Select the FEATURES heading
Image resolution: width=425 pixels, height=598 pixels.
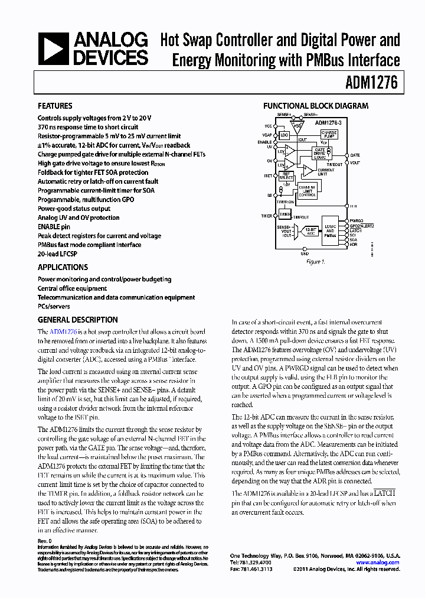tap(55, 106)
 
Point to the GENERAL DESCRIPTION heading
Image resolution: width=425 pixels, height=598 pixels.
tap(77, 320)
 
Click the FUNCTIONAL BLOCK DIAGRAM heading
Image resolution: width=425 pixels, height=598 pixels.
tap(315, 106)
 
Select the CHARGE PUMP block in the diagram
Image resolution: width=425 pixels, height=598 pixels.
tap(329, 134)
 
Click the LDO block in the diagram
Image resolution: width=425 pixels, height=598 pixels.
tap(285, 135)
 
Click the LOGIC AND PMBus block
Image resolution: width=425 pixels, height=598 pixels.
tap(331, 231)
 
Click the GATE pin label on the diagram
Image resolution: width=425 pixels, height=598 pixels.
tap(355, 155)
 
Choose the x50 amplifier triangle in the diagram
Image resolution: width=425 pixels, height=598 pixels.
tap(299, 125)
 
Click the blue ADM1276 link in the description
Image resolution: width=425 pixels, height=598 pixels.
tap(63, 332)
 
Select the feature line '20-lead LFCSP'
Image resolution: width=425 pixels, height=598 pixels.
tap(58, 253)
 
